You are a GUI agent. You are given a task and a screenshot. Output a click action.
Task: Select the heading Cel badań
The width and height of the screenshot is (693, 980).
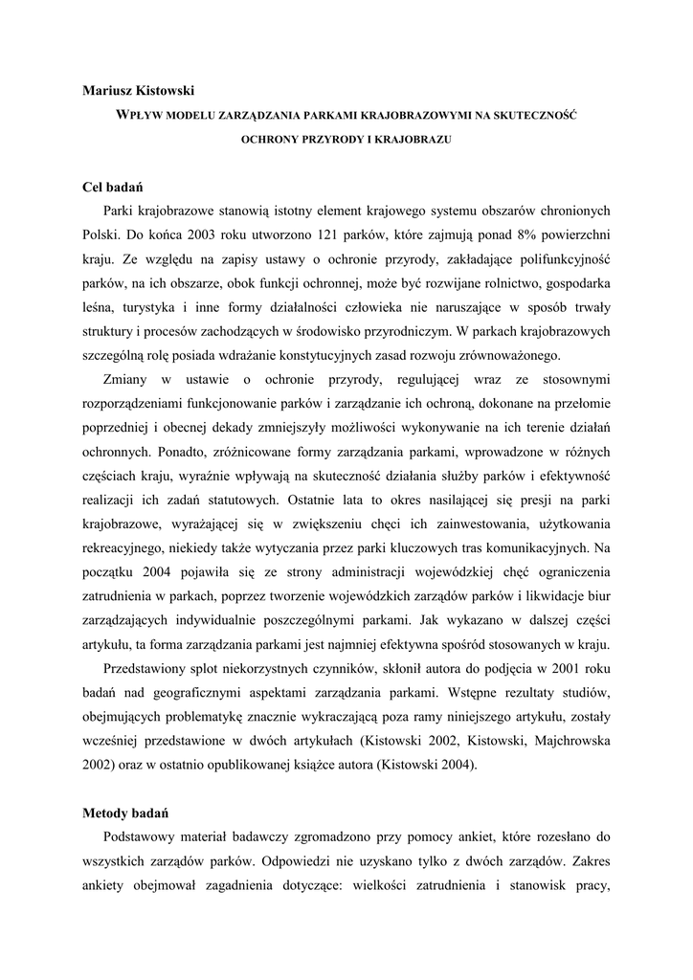click(x=115, y=186)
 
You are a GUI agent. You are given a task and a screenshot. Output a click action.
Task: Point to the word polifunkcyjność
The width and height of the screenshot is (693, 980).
click(x=557, y=259)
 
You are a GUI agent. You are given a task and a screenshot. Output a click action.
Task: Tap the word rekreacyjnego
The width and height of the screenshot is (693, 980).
click(x=125, y=549)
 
